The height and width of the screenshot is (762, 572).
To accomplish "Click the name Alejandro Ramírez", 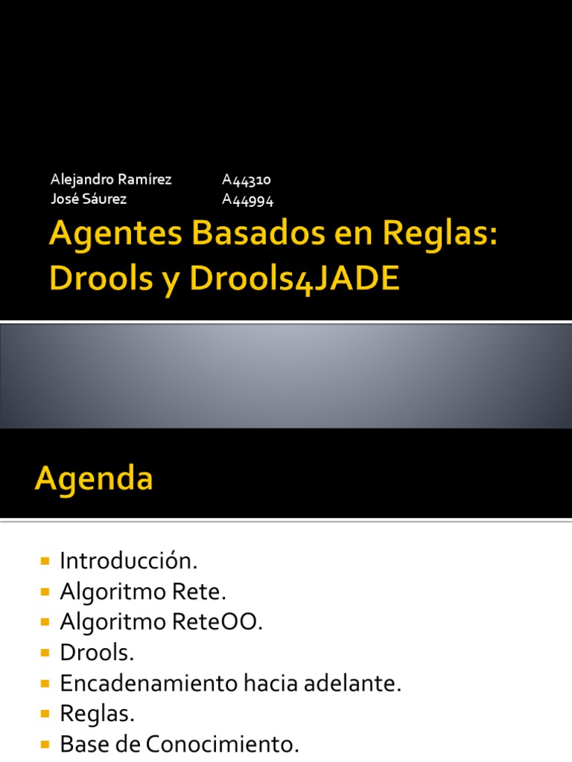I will [111, 179].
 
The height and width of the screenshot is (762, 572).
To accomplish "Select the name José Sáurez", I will [89, 199].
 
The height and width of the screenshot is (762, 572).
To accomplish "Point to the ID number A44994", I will [249, 199].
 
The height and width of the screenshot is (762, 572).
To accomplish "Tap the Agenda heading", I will [94, 478].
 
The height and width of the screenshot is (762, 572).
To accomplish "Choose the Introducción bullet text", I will [129, 560].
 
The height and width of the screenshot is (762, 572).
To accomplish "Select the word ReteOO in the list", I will [226, 621].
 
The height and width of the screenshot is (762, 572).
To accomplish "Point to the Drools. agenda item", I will [97, 653].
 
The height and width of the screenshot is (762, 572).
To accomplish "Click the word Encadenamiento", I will [149, 684].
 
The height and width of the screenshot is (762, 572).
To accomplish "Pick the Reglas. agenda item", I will [98, 714].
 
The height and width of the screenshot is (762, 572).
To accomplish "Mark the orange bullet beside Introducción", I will [45, 560].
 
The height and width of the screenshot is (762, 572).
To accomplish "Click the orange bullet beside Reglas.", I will [45, 714].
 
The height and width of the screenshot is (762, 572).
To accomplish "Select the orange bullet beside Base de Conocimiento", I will [45, 744].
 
